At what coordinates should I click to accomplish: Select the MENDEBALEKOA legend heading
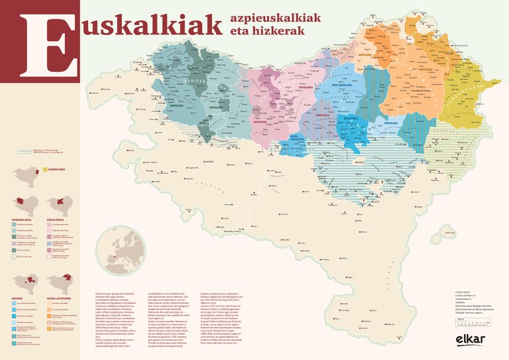pos(24,218)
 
